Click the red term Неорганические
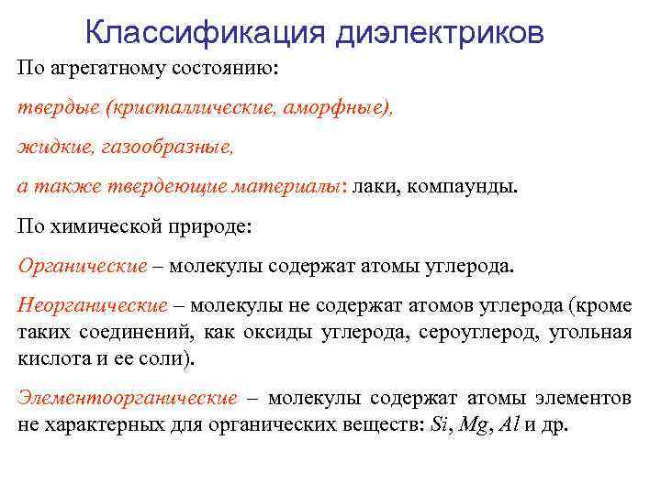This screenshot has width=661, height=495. coord(93,304)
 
